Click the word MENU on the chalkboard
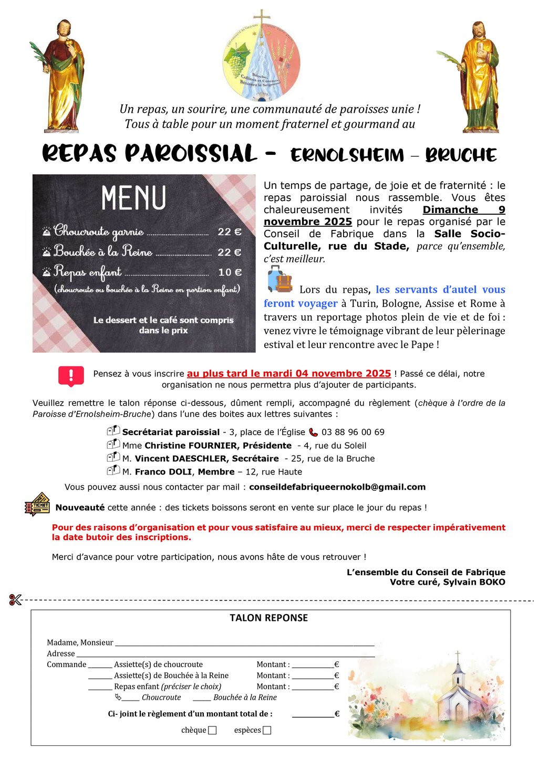click(x=133, y=198)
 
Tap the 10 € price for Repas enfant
click(x=230, y=272)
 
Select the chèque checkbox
click(x=212, y=730)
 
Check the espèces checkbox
click(x=267, y=730)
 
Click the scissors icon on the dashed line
click(x=15, y=599)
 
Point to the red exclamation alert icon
click(x=71, y=376)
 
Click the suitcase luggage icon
click(x=280, y=279)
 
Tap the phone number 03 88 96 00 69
click(x=353, y=432)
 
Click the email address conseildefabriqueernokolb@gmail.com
click(x=337, y=487)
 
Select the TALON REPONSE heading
click(x=268, y=618)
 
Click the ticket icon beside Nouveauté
click(x=37, y=505)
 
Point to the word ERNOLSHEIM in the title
click(x=347, y=155)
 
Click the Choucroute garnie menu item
click(x=99, y=231)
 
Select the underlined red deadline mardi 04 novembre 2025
click(x=289, y=374)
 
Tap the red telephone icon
click(x=313, y=432)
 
